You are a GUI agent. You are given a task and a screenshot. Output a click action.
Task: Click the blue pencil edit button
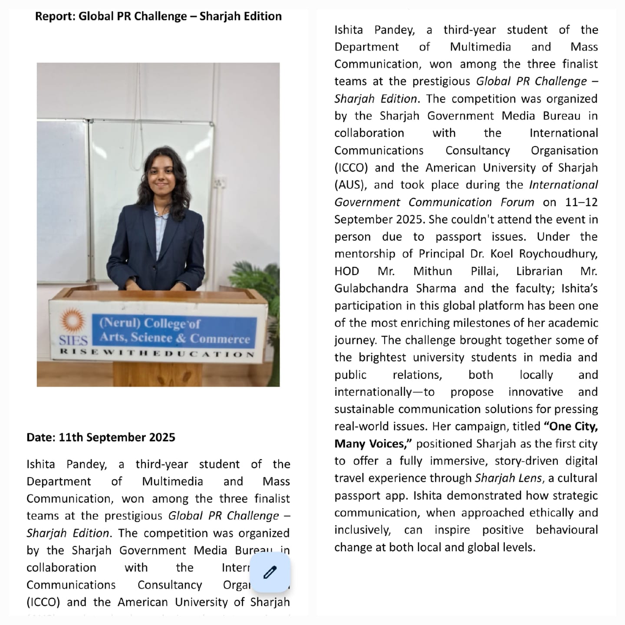[x=270, y=572]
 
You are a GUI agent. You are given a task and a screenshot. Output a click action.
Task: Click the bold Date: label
[x=41, y=437]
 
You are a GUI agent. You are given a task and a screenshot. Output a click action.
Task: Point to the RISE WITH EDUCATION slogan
[x=157, y=353]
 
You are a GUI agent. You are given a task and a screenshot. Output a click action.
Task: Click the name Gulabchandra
[x=371, y=289]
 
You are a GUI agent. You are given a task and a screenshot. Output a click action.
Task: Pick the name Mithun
[x=432, y=271]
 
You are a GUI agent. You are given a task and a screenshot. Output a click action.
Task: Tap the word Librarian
[x=539, y=271]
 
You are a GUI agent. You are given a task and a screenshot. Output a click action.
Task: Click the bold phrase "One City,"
[x=571, y=426]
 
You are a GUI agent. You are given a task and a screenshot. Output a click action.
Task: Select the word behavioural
[x=567, y=530]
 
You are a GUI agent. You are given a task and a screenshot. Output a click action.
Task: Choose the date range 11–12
[x=581, y=202]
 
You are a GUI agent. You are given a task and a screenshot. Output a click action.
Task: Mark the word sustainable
[x=364, y=409]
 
